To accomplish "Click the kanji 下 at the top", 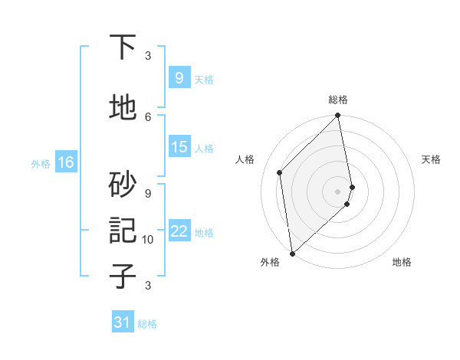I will pos(123,47).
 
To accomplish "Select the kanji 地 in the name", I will pos(123,107).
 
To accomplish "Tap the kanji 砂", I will pos(123,183).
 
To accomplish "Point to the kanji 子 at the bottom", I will pos(123,276).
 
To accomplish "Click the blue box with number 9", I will pos(179,78).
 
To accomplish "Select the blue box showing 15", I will pos(179,147).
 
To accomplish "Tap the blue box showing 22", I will pos(179,231).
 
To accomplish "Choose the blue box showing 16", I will pos(65,162).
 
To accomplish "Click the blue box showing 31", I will pos(123,322).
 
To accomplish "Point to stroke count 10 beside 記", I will pos(148,240).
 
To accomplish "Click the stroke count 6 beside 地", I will pos(148,116).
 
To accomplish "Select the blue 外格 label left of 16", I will pos(41,163).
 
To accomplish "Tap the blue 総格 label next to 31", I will pos(147,324).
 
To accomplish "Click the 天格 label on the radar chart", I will pos(432,159).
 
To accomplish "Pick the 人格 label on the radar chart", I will pos(245,159).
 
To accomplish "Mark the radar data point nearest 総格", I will pos(338,116).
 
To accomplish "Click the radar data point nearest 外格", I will pos(291,253).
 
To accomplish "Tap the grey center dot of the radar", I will pos(338,191).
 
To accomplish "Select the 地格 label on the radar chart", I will pos(402,262).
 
